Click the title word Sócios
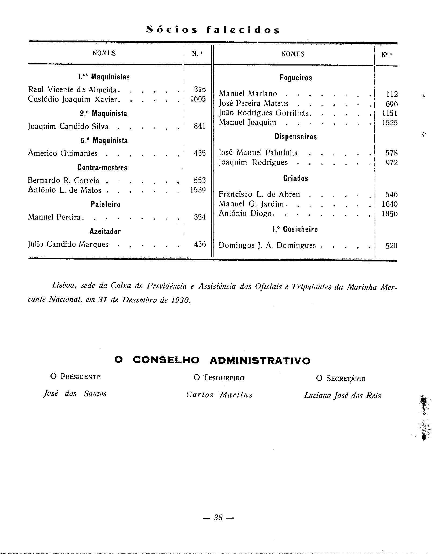[172, 30]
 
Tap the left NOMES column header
[104, 53]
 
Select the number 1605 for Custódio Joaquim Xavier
[198, 99]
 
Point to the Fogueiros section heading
[295, 78]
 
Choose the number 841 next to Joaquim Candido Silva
[200, 126]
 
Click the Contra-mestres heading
[102, 168]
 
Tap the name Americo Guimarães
[63, 153]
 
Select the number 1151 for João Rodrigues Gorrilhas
[389, 113]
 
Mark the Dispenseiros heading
[295, 137]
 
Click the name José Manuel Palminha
[258, 153]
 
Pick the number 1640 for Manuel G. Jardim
[389, 204]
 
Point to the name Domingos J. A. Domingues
[267, 245]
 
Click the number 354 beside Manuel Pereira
[200, 217]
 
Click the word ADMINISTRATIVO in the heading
[260, 360]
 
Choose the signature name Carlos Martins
[219, 395]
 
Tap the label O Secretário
[341, 378]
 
